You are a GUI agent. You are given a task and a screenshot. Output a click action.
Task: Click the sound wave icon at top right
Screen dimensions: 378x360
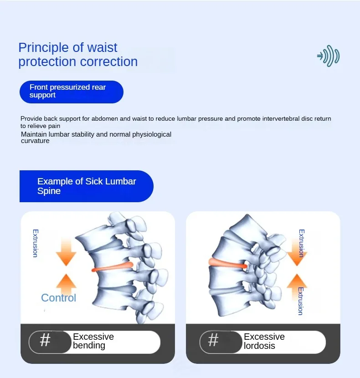point(329,56)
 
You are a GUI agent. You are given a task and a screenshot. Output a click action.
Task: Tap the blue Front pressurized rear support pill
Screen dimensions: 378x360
point(71,92)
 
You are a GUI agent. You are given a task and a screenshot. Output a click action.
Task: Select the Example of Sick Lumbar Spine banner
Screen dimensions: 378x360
point(86,186)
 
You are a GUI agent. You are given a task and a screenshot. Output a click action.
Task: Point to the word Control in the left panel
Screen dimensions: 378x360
point(58,298)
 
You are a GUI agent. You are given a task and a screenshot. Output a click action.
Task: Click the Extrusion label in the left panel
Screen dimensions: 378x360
point(35,243)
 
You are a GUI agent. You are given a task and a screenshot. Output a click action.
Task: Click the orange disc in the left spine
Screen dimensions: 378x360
point(112,267)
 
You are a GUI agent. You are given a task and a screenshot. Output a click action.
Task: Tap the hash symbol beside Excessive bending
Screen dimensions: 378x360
point(45,340)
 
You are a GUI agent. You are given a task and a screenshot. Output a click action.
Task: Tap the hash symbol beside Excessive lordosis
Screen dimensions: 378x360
point(213,340)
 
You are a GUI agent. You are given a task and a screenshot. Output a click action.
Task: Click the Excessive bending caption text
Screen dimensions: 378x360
point(93,341)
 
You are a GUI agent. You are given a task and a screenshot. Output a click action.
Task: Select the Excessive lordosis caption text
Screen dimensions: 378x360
point(264,341)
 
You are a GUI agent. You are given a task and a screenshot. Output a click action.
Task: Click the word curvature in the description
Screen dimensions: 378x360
point(35,141)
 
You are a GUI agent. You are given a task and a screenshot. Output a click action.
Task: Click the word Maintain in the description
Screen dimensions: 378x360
point(34,134)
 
